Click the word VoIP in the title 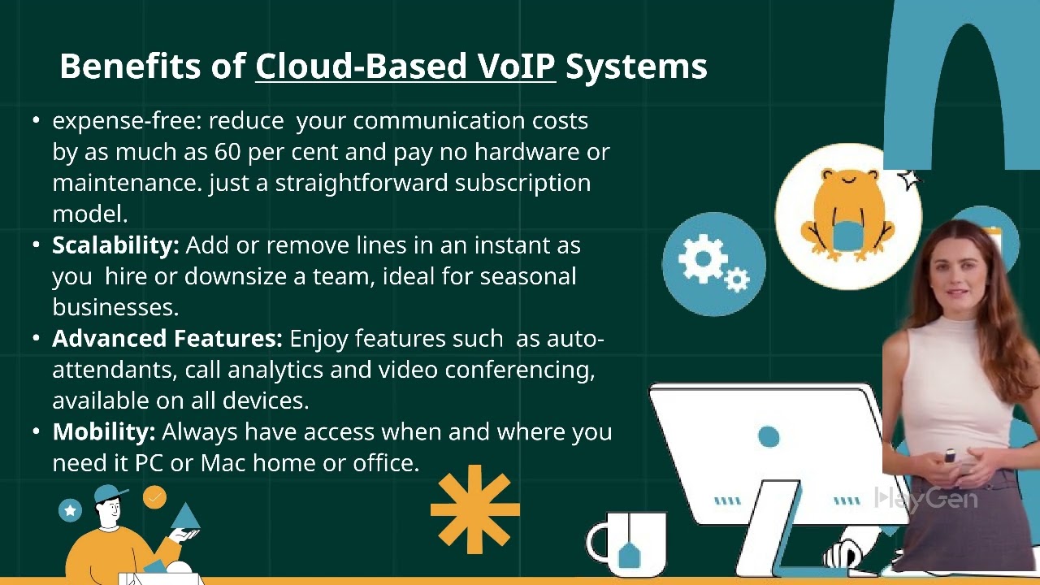pos(516,66)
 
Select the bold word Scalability pos(115,245)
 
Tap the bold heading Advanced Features pos(167,339)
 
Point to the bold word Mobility pos(103,432)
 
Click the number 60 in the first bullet pos(227,152)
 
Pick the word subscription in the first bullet pos(522,184)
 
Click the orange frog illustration pos(847,215)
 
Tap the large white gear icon pos(703,258)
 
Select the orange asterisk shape pos(475,509)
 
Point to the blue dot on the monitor pos(769,436)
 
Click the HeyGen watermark pos(925,498)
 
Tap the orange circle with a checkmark pos(154,497)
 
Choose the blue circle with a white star pos(70,510)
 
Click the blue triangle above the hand pos(185,516)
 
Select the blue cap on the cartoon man pos(110,492)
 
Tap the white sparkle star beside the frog pos(909,180)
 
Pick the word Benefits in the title pos(130,66)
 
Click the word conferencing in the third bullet pos(520,370)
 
